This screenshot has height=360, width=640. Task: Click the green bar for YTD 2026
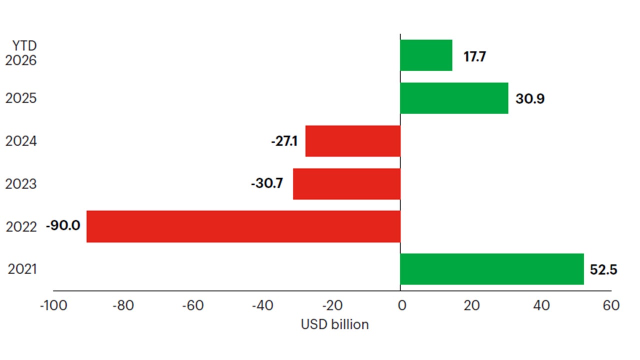click(426, 55)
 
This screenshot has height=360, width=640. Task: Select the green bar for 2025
click(454, 98)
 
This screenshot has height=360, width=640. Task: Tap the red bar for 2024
click(353, 141)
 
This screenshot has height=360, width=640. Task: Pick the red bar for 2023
click(346, 184)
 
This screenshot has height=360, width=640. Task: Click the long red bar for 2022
click(243, 226)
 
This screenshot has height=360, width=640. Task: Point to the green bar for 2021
click(492, 269)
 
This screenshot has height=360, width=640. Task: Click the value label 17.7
click(474, 56)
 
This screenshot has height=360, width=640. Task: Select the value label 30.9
click(530, 98)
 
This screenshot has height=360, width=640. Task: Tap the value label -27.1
click(284, 141)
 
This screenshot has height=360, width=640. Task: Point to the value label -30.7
click(267, 184)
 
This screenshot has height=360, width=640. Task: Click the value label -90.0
click(63, 226)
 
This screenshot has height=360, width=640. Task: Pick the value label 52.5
click(603, 270)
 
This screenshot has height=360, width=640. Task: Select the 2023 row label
click(21, 184)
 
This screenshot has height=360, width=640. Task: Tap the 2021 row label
click(22, 270)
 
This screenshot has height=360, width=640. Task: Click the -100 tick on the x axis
click(53, 305)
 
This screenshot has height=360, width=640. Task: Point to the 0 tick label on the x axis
click(400, 305)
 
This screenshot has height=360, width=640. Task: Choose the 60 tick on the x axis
click(610, 305)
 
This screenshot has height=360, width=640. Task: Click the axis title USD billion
click(334, 324)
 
